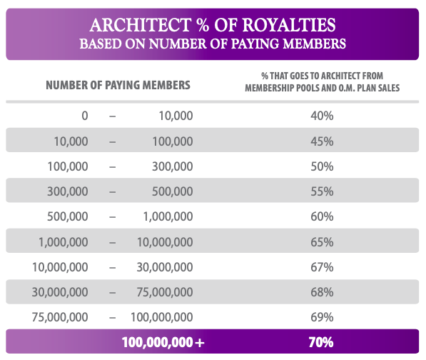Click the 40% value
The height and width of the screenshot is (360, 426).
322,116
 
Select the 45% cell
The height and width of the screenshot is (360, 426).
322,141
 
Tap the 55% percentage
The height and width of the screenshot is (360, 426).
322,191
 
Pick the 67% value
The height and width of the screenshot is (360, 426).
322,267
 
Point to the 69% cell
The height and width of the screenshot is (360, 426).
322,317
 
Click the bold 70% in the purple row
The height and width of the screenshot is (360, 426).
321,342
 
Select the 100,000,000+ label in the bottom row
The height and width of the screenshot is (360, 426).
163,342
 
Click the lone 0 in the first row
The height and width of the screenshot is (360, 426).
85,116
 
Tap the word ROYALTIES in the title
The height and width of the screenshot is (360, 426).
289,25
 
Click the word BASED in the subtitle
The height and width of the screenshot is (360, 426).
101,44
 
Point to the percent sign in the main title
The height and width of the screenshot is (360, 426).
201,25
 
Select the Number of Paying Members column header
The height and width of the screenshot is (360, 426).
118,85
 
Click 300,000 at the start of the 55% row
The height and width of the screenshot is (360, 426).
68,191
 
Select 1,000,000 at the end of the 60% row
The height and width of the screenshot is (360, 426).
168,216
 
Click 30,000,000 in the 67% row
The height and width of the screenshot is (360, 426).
165,267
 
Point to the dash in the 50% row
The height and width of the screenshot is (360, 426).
113,167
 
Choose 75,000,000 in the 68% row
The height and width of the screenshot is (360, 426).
165,292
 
